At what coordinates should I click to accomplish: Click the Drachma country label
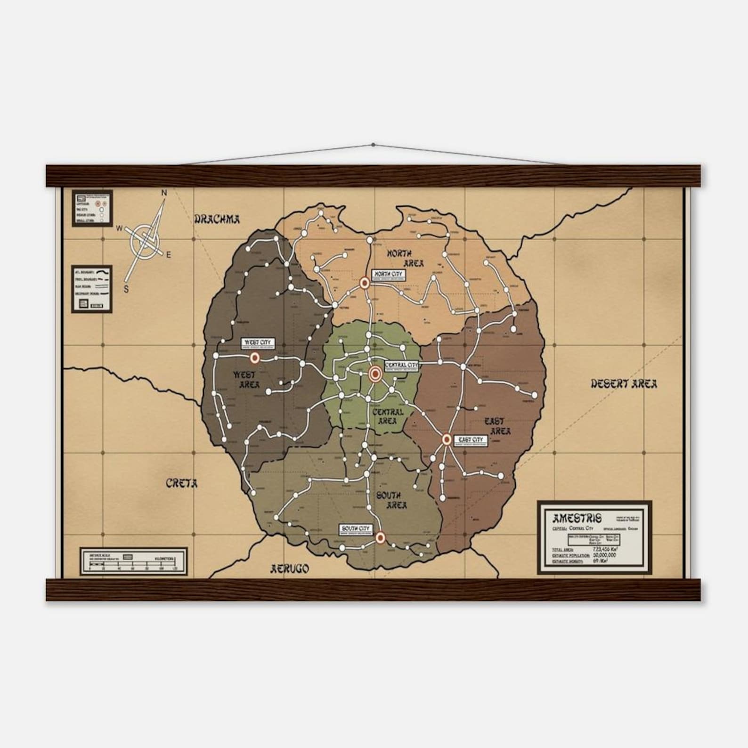tap(217, 219)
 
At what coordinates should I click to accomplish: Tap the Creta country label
tap(181, 483)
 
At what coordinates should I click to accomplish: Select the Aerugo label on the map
tap(289, 569)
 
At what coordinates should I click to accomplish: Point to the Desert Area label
tap(624, 384)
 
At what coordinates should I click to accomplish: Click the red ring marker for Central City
tap(375, 374)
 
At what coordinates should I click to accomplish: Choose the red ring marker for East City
tap(447, 439)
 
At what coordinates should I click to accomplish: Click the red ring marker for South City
tap(381, 537)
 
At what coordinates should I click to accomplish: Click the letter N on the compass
tap(164, 193)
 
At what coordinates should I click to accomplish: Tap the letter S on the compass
tap(126, 290)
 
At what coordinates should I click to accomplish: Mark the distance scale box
tap(133, 561)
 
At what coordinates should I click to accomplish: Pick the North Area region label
tap(405, 258)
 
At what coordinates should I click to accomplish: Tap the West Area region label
tap(245, 380)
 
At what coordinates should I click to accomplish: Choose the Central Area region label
tap(387, 416)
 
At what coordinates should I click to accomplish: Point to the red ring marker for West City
tap(255, 358)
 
